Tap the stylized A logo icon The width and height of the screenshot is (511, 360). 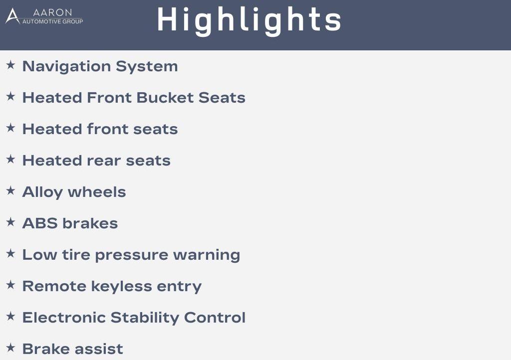coord(12,16)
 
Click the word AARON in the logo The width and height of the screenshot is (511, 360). coord(52,12)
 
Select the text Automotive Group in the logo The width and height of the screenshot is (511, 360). coord(52,21)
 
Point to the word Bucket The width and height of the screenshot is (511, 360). coord(165,98)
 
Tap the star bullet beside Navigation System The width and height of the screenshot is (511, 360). coord(11,65)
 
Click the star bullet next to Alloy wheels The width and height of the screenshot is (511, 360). coord(11,190)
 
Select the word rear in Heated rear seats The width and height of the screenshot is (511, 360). coord(104,161)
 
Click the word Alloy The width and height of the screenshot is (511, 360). coord(42,192)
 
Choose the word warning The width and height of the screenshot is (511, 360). coord(207,255)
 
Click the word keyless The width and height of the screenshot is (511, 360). coord(122,286)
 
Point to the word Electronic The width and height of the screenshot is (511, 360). coord(64,317)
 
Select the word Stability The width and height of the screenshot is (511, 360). coord(145,318)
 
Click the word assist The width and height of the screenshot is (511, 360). coord(99,349)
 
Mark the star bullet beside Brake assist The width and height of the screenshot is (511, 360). coord(11,348)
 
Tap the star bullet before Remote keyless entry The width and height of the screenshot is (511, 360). coord(11,285)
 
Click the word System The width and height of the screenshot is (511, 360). coord(147,67)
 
